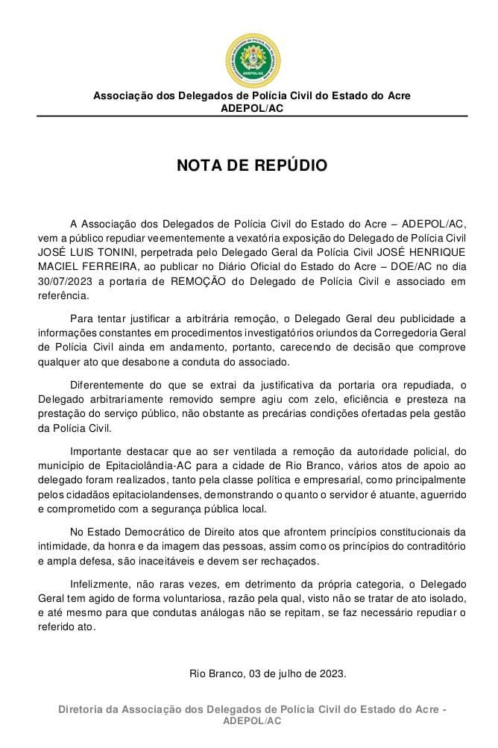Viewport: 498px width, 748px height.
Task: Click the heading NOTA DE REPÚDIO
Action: click(x=251, y=165)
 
